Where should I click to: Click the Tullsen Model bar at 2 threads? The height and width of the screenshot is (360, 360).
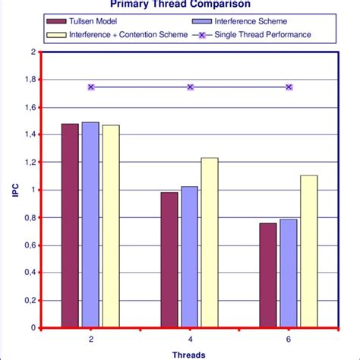70,226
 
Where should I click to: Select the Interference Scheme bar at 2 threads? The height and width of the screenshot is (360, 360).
90,225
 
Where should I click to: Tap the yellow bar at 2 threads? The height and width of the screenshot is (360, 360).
110,226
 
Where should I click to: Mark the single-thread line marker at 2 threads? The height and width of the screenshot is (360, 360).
91,87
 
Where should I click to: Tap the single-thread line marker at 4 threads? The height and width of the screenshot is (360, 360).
190,87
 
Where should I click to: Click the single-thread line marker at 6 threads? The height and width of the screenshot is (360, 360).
289,87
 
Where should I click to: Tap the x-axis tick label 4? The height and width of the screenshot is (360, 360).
190,338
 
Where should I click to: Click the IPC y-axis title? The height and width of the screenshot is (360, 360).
13,190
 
